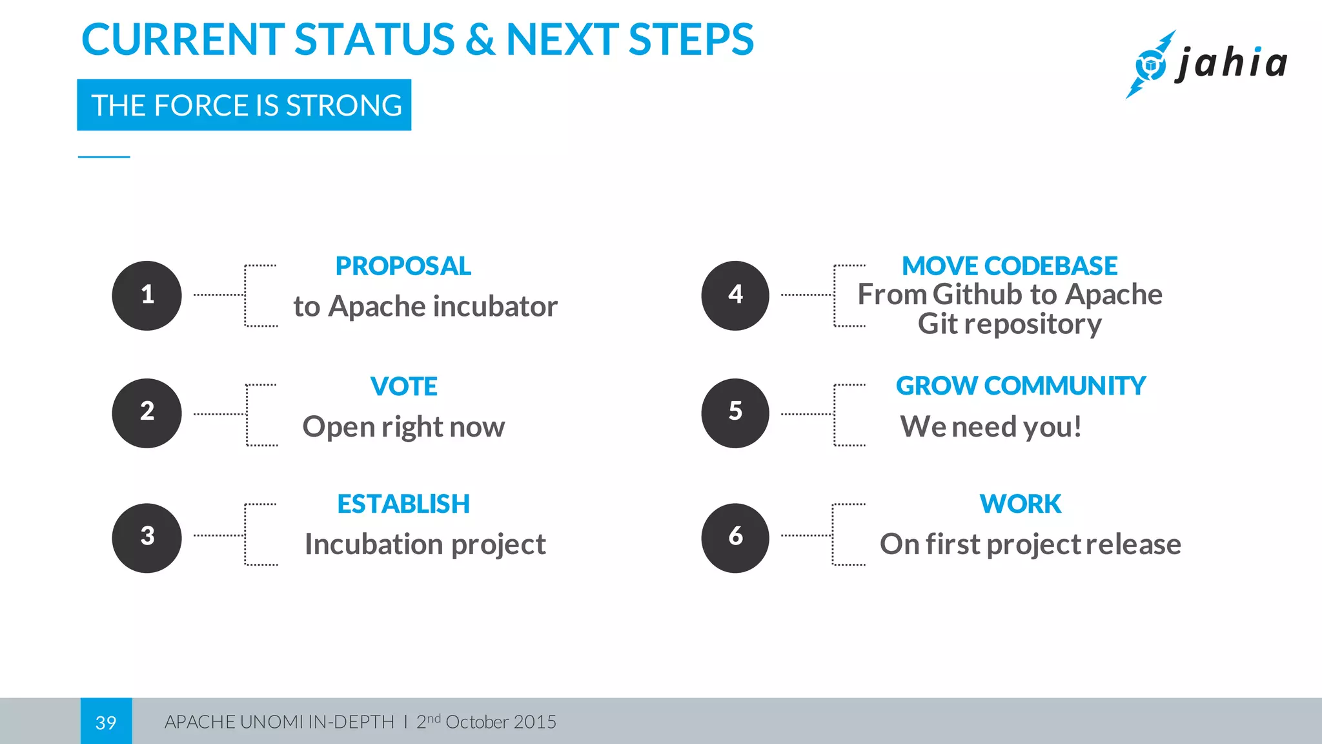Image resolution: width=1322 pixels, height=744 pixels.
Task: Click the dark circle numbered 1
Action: pyautogui.click(x=147, y=295)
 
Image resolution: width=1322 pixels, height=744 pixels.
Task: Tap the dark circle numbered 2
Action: pyautogui.click(x=147, y=413)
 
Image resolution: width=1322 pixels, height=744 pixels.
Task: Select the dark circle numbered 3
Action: pyautogui.click(x=147, y=537)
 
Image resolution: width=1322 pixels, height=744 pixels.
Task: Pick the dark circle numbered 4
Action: pyautogui.click(x=735, y=295)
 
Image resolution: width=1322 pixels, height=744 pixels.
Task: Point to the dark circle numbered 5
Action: pyautogui.click(x=735, y=413)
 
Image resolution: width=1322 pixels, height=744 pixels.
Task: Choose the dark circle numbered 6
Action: pyautogui.click(x=735, y=537)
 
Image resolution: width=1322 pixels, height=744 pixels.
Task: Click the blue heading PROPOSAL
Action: pyautogui.click(x=403, y=266)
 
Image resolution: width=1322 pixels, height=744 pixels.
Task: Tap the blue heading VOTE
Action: pyautogui.click(x=403, y=386)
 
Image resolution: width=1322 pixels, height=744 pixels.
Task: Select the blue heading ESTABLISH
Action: pyautogui.click(x=403, y=504)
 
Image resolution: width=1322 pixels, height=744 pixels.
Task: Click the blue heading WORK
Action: pyautogui.click(x=1020, y=504)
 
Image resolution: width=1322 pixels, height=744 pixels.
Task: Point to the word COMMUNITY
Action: pyautogui.click(x=1065, y=386)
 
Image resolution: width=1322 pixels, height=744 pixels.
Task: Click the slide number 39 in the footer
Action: pyautogui.click(x=106, y=722)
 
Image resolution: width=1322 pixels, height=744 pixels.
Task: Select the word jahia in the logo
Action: pyautogui.click(x=1232, y=63)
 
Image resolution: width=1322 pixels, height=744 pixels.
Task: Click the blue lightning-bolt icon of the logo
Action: pyautogui.click(x=1150, y=65)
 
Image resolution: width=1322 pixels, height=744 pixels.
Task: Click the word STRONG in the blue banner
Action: pyautogui.click(x=343, y=105)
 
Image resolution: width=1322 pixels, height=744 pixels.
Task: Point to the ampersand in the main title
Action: pyautogui.click(x=480, y=40)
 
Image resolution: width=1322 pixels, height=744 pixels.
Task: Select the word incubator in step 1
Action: pyautogui.click(x=495, y=306)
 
